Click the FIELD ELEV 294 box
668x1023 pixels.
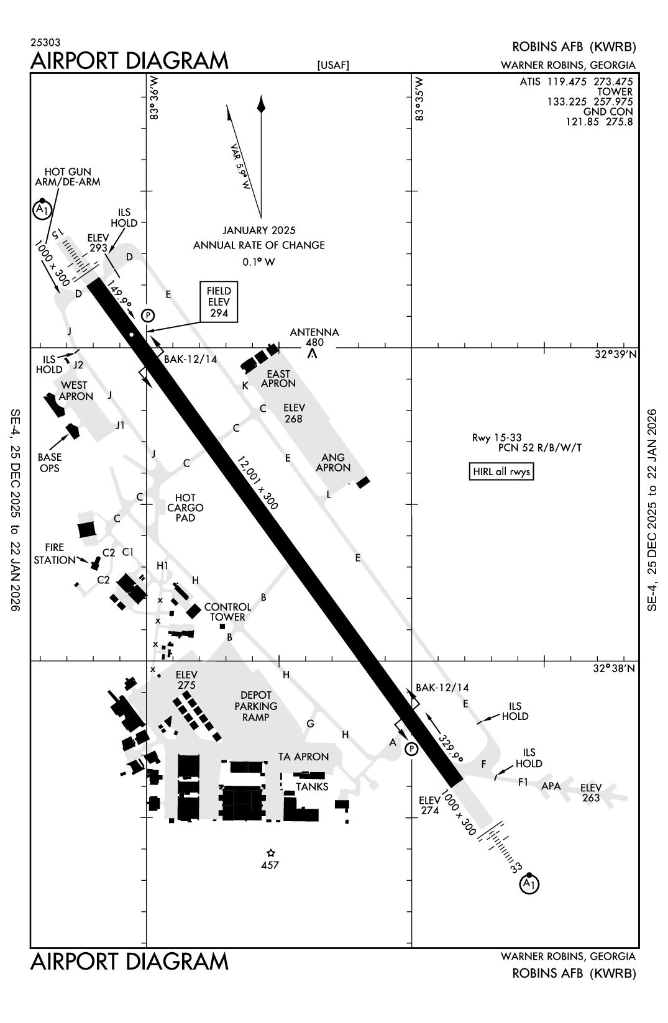[219, 302]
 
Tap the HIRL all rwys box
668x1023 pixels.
[501, 471]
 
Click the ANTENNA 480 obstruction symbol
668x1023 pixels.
[313, 353]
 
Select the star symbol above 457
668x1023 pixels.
[270, 853]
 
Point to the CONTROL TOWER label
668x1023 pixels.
[227, 612]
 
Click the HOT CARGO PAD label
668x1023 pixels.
[185, 507]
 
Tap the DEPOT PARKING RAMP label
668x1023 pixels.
[255, 706]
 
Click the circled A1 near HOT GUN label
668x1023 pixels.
[41, 210]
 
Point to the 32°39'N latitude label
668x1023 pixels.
[615, 355]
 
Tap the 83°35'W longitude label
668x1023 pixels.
[420, 99]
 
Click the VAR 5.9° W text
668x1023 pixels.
[240, 166]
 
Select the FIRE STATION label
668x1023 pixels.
[54, 553]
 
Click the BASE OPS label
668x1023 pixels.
[50, 462]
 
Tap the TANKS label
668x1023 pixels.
[312, 786]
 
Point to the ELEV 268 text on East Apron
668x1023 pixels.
[293, 413]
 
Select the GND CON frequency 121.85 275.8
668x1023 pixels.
[598, 122]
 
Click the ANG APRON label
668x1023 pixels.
[332, 462]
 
